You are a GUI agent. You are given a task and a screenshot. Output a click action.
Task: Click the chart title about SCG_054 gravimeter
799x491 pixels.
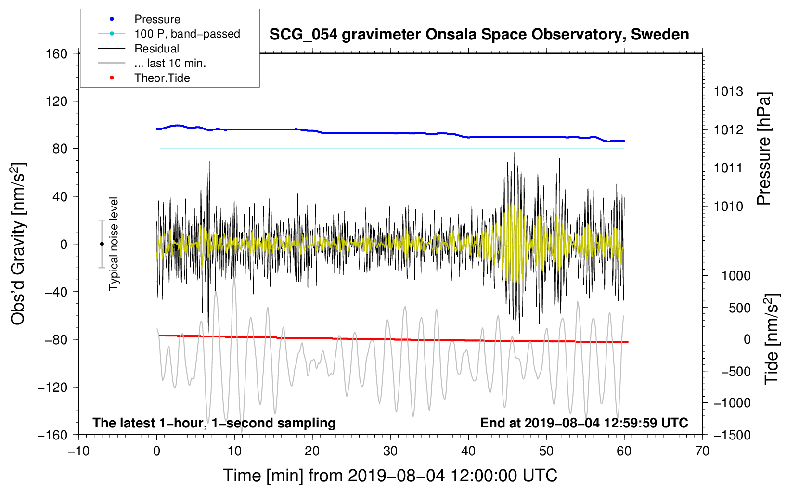[x=479, y=35]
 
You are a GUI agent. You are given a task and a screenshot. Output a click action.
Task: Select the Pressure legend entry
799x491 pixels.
[x=157, y=19]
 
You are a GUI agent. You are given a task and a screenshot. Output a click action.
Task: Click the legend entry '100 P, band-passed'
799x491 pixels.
[x=187, y=34]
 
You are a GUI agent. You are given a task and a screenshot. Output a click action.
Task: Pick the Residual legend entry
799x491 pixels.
[x=156, y=49]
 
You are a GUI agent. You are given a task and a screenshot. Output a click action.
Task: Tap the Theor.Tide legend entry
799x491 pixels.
[x=162, y=78]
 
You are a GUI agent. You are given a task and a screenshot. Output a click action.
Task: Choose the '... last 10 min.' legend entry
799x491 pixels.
[x=170, y=63]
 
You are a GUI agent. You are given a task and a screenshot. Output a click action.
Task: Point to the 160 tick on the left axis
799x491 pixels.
[x=57, y=53]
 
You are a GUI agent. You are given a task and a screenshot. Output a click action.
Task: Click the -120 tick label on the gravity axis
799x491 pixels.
[x=52, y=387]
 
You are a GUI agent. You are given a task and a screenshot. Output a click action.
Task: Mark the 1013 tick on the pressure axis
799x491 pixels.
[x=728, y=91]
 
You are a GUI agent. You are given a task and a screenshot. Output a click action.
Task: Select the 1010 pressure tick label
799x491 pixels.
[x=728, y=207]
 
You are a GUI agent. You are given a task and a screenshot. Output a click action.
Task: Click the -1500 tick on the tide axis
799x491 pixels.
[x=732, y=435]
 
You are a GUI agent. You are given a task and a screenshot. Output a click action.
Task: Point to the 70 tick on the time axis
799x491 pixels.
[x=702, y=451]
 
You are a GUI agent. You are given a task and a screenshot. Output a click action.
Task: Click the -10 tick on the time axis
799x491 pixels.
[x=78, y=451]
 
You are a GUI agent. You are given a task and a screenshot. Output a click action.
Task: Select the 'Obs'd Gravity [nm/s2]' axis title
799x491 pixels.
[x=18, y=244]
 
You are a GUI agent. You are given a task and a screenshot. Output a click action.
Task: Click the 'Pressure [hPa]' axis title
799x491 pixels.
[x=764, y=149]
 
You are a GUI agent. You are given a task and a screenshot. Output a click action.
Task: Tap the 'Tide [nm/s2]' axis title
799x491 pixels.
[x=772, y=338]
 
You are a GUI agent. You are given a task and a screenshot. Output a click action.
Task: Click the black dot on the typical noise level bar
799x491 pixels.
[x=102, y=244]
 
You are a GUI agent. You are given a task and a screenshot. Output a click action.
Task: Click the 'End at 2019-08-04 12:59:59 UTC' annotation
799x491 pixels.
[x=584, y=423]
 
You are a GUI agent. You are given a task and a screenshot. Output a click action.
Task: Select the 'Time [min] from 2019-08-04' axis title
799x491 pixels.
[x=390, y=476]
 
